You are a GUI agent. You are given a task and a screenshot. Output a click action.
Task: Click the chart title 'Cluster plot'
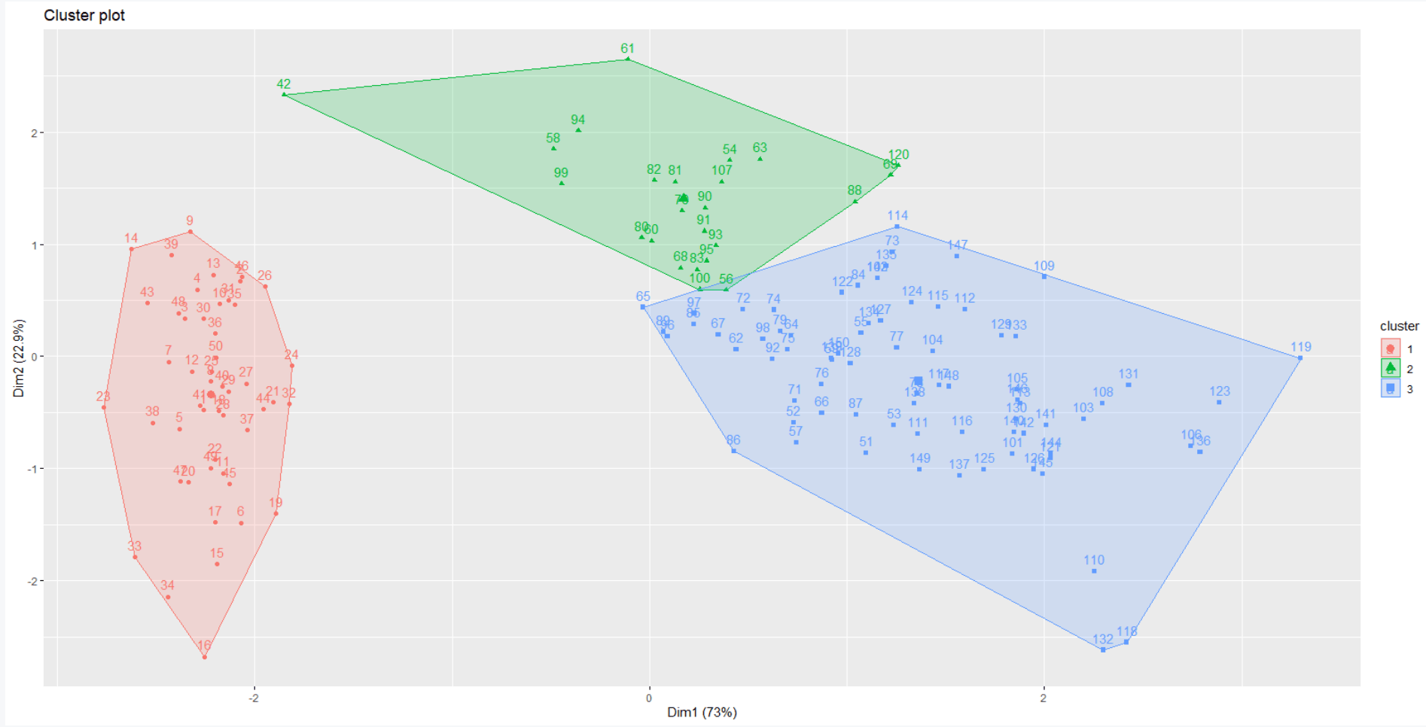[84, 15]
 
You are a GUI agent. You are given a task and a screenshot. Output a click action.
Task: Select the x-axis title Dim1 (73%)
[702, 712]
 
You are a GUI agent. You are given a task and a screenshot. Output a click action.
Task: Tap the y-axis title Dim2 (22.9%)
[19, 358]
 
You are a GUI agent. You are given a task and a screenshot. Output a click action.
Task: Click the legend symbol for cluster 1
[1390, 348]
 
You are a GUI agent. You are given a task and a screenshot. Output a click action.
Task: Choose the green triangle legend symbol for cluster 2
[1390, 368]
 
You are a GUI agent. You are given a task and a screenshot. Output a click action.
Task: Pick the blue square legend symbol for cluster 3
[1390, 388]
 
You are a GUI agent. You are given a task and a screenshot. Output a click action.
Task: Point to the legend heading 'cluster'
[1399, 326]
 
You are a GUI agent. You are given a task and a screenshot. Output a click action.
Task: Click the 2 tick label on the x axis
[1044, 698]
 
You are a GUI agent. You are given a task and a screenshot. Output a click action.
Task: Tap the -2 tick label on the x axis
[254, 698]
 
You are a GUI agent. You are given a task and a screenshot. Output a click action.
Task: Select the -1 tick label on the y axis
[32, 469]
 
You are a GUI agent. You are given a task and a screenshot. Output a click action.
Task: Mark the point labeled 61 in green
[628, 59]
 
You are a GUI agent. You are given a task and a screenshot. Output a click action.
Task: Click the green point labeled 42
[284, 94]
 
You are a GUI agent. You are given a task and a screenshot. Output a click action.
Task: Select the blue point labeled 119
[1300, 357]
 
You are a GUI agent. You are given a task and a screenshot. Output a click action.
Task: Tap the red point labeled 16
[204, 657]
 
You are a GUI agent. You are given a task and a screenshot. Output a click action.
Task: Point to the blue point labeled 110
[1094, 571]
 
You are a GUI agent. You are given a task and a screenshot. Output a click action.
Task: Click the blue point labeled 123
[1219, 402]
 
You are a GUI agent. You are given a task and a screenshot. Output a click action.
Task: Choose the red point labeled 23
[104, 407]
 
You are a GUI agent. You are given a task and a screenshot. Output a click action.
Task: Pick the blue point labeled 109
[1044, 276]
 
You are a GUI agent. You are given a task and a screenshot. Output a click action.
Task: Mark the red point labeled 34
[167, 597]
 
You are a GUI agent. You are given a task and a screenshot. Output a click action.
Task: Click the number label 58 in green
[553, 138]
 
